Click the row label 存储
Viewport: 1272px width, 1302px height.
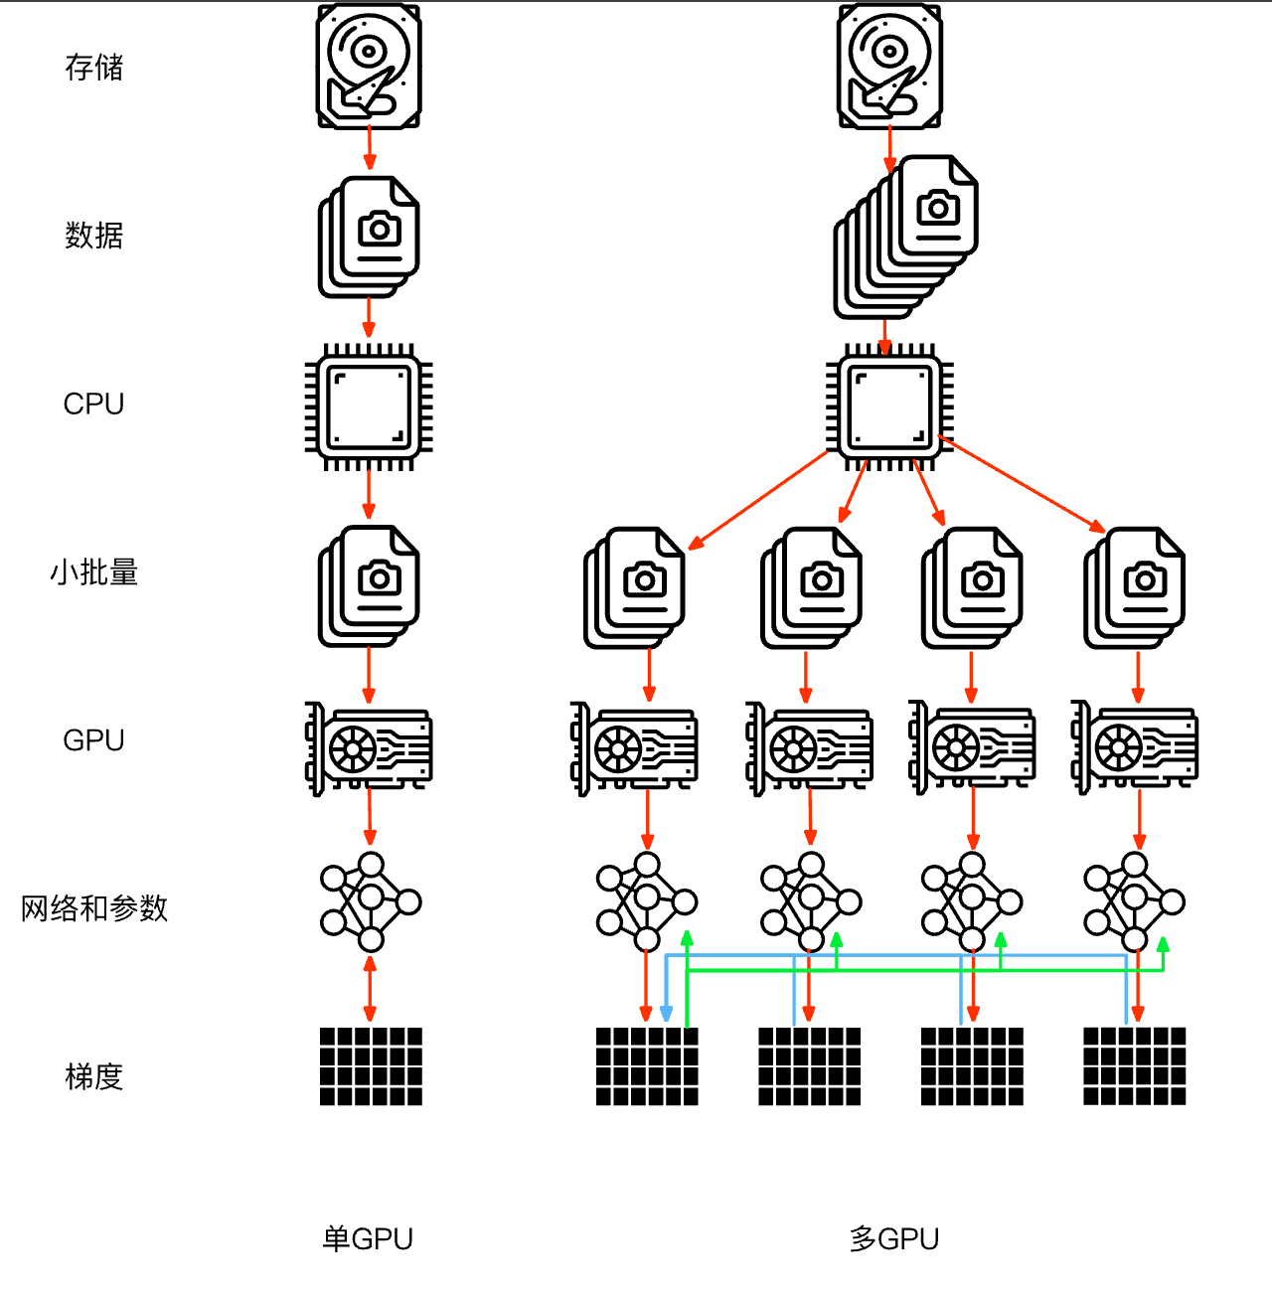point(94,68)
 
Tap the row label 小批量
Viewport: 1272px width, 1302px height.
point(94,572)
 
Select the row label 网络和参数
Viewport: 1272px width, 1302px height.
point(94,908)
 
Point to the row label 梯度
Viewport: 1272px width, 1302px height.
point(94,1076)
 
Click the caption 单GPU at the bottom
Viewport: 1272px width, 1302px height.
point(368,1238)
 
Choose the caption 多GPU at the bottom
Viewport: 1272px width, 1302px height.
point(894,1238)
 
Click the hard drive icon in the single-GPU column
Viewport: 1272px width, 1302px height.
point(369,67)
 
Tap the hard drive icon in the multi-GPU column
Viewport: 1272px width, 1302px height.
point(889,67)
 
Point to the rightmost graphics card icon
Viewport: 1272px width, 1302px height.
point(1135,747)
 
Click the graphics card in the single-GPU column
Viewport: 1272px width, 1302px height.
point(369,747)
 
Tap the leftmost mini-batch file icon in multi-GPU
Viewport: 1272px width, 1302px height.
point(635,588)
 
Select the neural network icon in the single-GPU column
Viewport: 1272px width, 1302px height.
point(371,902)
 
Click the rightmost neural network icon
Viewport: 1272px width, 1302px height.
point(1135,902)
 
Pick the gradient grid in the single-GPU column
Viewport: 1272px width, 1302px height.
point(371,1066)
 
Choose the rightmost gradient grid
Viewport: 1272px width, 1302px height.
point(1135,1066)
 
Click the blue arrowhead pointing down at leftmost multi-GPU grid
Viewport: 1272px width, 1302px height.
point(666,1014)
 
